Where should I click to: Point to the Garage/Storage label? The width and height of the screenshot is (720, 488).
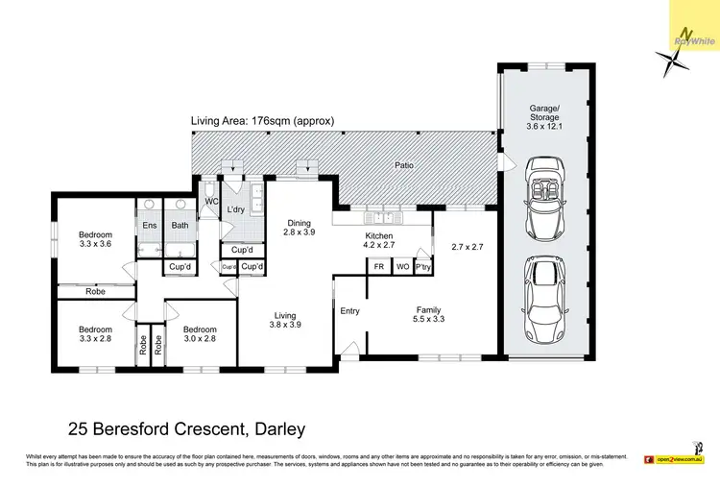[x=544, y=118]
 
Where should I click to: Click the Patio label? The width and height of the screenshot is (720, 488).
[x=405, y=165]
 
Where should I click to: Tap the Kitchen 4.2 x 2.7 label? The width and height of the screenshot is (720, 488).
[x=381, y=239]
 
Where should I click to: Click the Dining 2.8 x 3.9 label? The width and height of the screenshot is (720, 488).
[x=300, y=227]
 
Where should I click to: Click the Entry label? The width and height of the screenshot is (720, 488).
[x=349, y=310]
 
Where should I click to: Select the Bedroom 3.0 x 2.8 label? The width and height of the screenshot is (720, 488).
[x=200, y=333]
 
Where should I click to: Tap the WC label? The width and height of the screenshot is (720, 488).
[x=211, y=202]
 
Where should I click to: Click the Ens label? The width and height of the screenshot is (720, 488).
[x=150, y=226]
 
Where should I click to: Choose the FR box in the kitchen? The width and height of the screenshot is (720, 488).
[x=378, y=266]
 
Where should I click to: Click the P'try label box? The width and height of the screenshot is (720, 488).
[x=422, y=266]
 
